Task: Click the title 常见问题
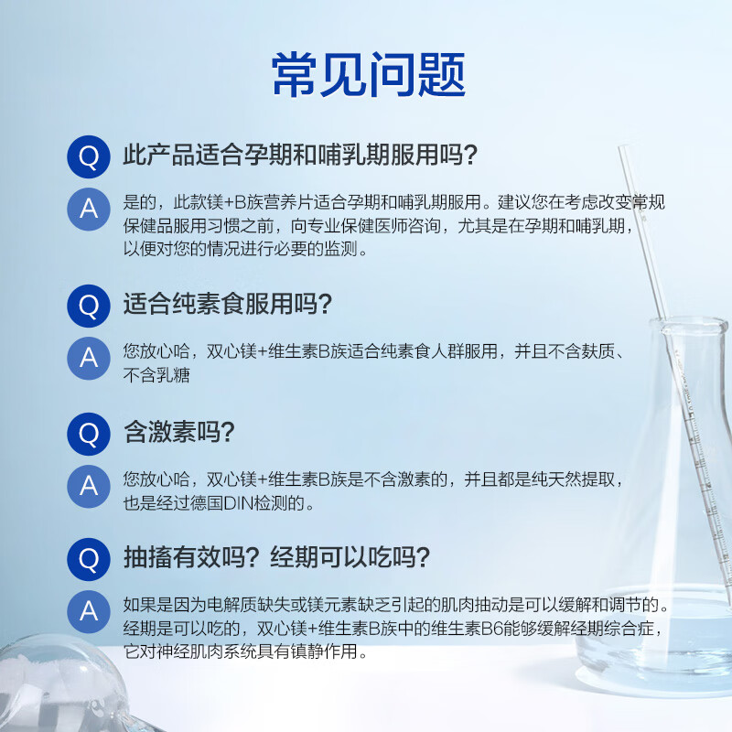tap(369, 74)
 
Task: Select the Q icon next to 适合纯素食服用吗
tap(89, 305)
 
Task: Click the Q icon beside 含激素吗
tap(89, 433)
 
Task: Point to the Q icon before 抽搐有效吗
tap(89, 559)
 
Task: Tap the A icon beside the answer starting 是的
tap(89, 209)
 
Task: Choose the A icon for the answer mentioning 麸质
tap(89, 358)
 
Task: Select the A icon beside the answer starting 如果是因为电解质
tap(89, 610)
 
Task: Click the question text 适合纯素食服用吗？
tap(227, 305)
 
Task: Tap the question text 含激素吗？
tap(179, 433)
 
